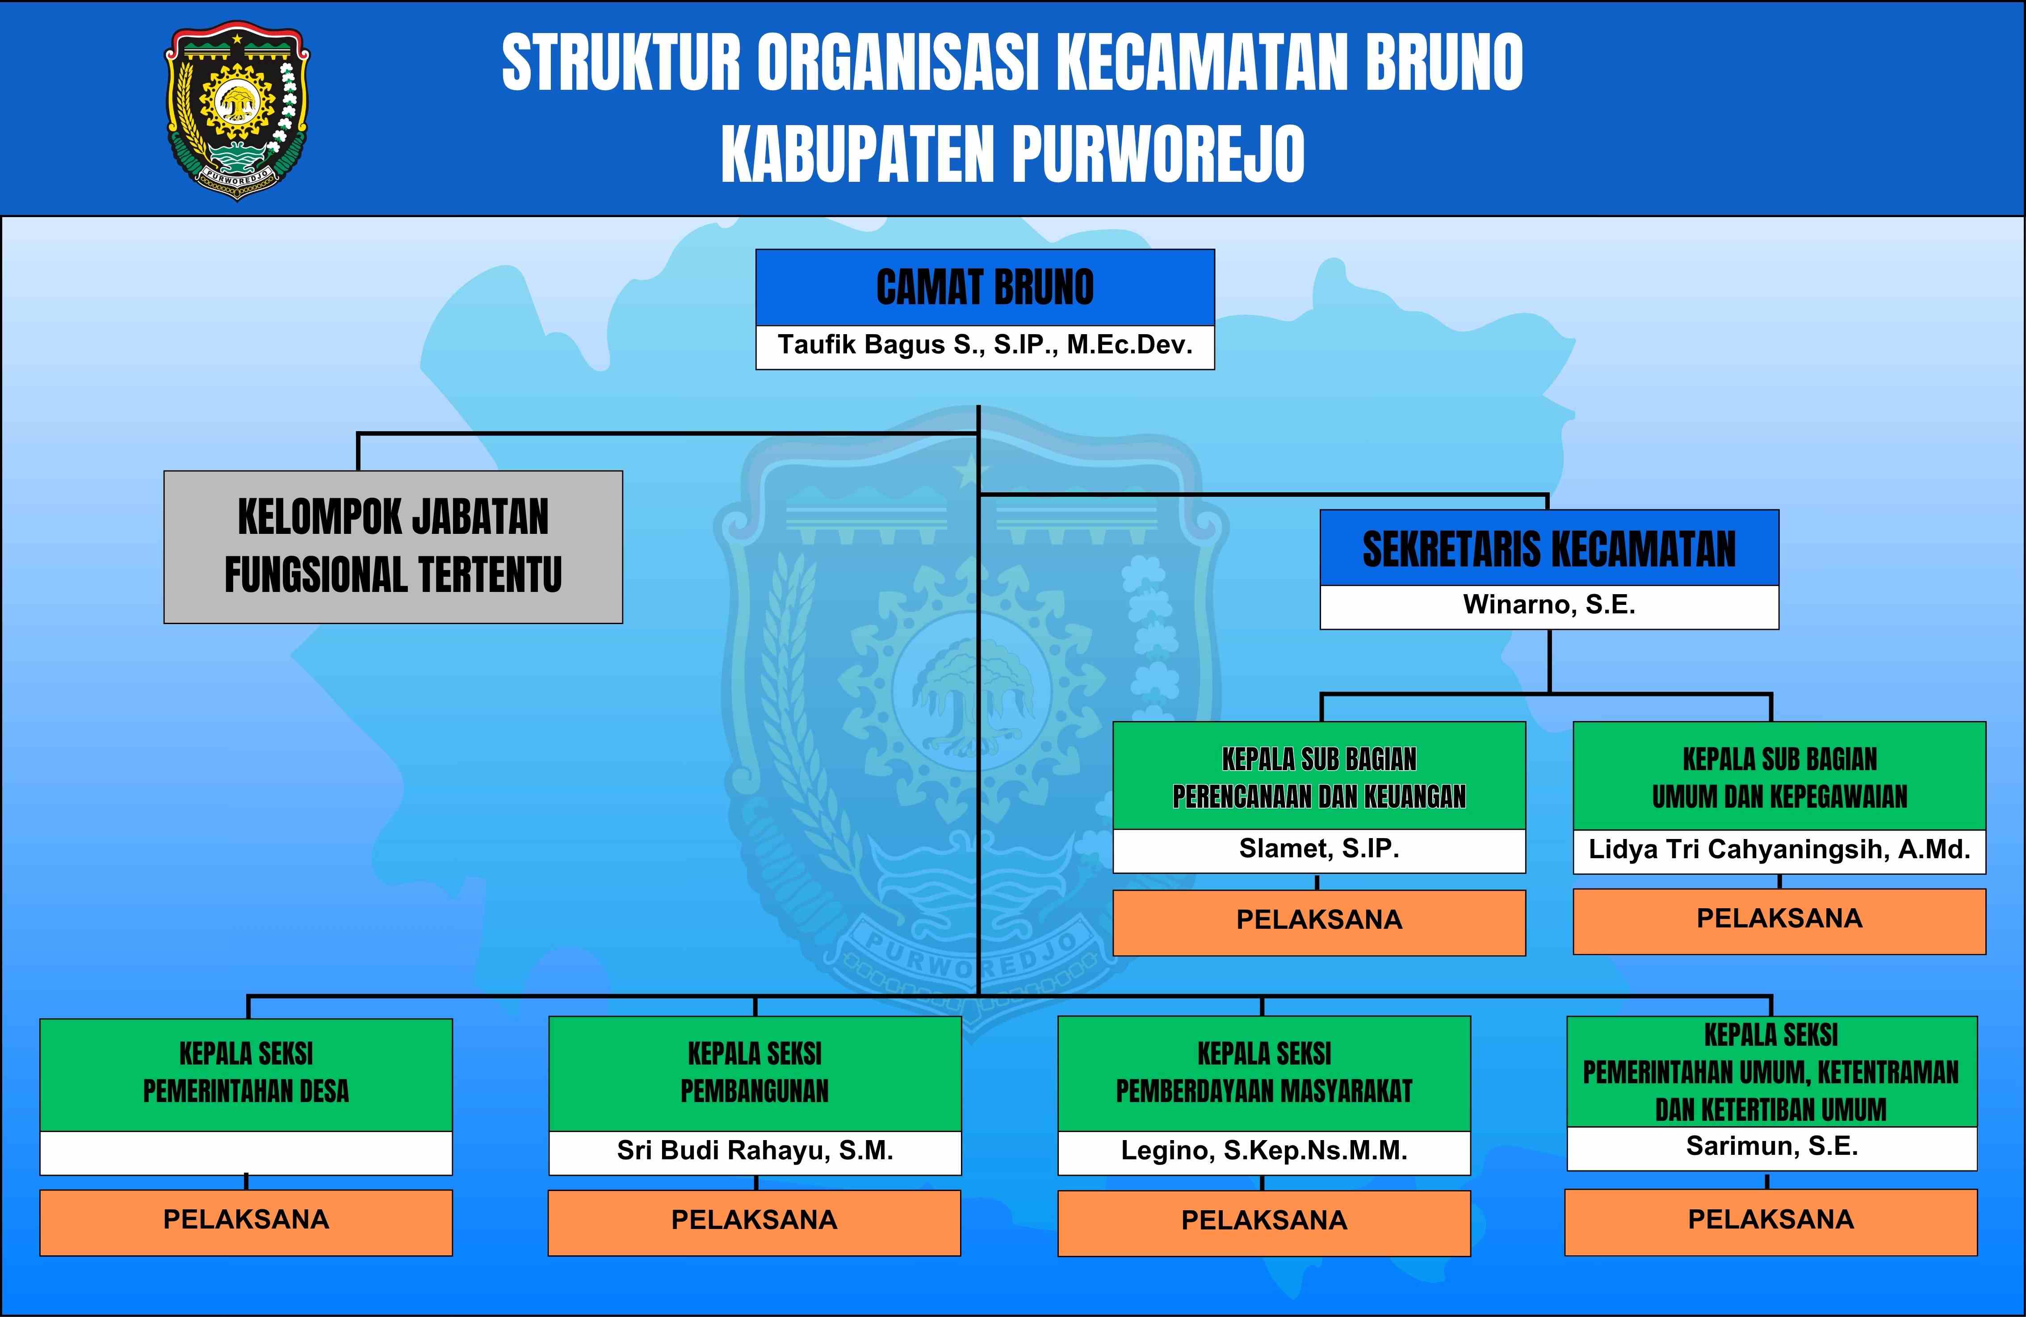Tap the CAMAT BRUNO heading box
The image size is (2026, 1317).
tap(985, 288)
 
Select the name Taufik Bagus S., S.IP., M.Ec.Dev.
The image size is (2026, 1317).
tap(985, 345)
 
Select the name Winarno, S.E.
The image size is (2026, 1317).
tap(1549, 604)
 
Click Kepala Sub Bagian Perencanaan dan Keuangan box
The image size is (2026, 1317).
tap(1319, 776)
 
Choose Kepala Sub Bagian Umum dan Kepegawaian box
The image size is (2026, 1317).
tap(1779, 776)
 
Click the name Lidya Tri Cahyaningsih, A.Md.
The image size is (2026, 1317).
tap(1779, 850)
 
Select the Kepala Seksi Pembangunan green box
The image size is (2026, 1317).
tap(755, 1074)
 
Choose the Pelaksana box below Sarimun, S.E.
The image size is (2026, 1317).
tap(1770, 1222)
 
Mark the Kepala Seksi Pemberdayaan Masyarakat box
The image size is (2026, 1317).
tap(1264, 1074)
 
